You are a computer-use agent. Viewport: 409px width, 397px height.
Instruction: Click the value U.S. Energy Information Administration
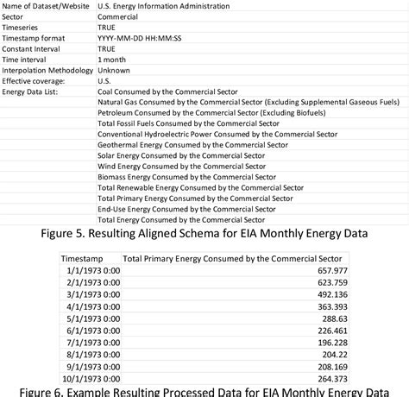coord(163,6)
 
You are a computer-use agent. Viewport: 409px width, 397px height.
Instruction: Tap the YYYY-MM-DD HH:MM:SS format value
coord(144,38)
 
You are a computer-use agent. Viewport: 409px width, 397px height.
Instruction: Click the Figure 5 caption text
coord(204,233)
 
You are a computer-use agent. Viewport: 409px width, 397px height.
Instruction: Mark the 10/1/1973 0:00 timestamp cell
coord(91,377)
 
